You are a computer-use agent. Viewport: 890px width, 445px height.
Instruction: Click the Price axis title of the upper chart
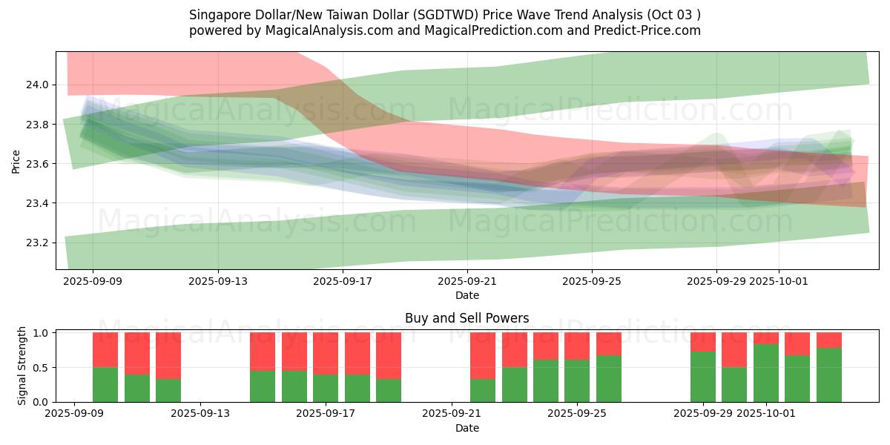click(16, 160)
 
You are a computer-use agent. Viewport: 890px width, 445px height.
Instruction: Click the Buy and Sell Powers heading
click(467, 318)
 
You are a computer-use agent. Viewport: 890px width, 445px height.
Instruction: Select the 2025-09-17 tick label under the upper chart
click(342, 281)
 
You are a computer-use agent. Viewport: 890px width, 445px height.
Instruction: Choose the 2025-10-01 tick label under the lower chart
click(778, 412)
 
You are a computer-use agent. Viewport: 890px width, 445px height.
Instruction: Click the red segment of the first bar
click(105, 350)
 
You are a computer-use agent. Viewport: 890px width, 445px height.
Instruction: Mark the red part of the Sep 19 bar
click(389, 356)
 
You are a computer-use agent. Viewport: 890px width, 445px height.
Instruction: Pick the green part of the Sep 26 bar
click(609, 378)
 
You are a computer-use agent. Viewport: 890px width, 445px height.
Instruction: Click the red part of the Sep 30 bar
click(734, 350)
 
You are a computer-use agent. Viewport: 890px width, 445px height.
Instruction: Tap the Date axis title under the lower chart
click(467, 428)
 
